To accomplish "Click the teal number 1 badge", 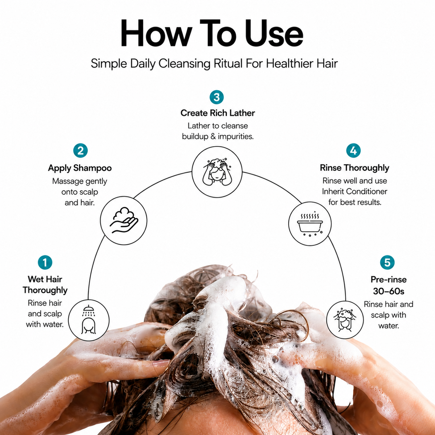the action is click(x=45, y=262).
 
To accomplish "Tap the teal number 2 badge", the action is click(x=80, y=150).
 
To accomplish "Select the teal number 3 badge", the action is click(x=217, y=97).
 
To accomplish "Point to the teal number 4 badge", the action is click(x=353, y=150).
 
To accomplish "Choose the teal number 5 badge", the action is click(x=388, y=262).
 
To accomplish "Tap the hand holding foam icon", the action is click(x=124, y=220).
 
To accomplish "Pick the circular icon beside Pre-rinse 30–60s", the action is click(x=345, y=320).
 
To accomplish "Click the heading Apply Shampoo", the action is click(x=80, y=168).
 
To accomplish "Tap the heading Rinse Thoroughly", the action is click(x=355, y=168).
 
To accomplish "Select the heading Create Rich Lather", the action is click(x=217, y=113).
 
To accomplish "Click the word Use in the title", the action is click(x=274, y=33).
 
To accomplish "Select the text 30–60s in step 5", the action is click(x=389, y=291).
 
